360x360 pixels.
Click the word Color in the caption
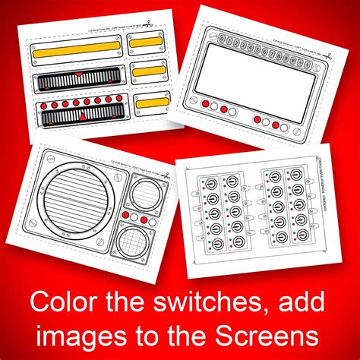click(64, 302)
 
